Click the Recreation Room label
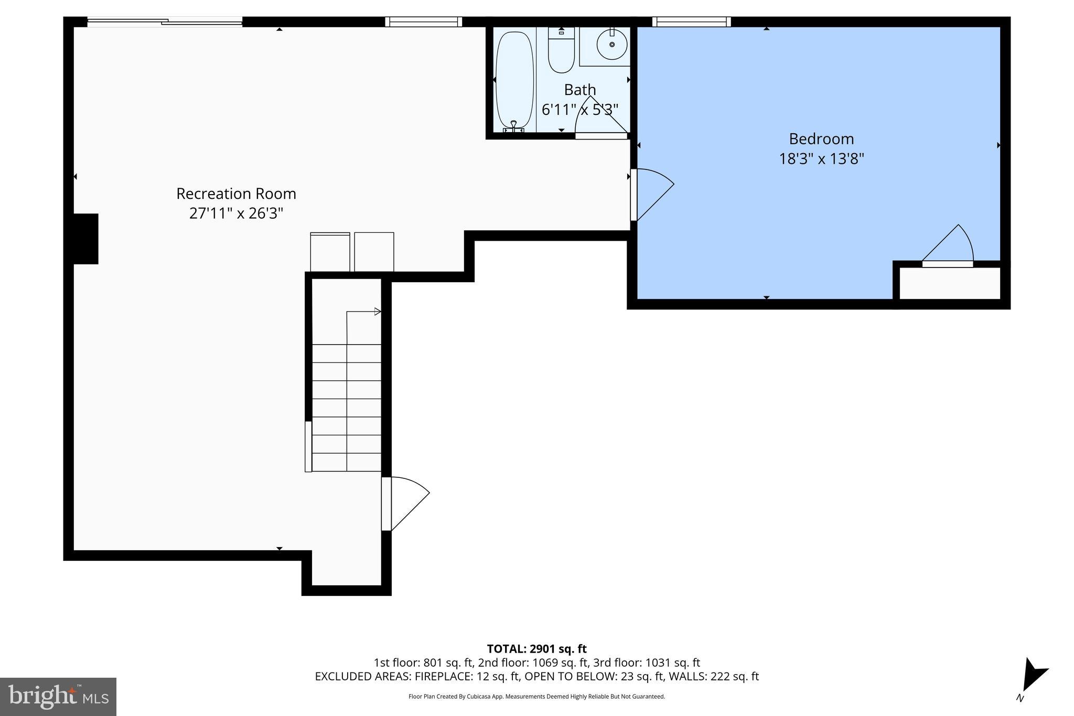[x=236, y=194]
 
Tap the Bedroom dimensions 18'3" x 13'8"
[x=821, y=159]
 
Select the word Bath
[x=579, y=90]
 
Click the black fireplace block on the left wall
[x=85, y=239]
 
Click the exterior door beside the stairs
[x=405, y=503]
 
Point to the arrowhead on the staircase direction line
[x=378, y=312]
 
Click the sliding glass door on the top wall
[x=165, y=22]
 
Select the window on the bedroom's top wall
[x=691, y=22]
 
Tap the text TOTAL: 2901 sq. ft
[x=536, y=649]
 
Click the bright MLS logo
[x=58, y=697]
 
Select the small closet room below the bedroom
[x=950, y=283]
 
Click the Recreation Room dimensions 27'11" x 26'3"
[x=236, y=213]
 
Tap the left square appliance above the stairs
[x=330, y=252]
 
